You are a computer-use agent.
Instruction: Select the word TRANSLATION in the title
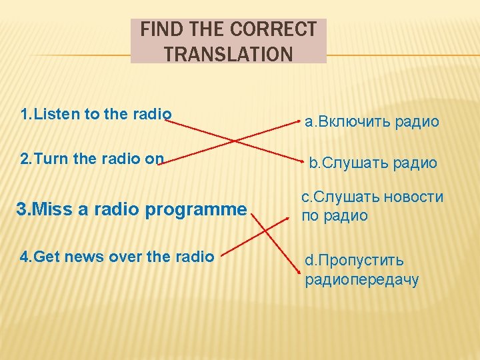[x=228, y=53]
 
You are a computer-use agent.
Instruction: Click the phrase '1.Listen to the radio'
[x=96, y=114]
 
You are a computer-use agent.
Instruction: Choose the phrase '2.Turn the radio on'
[x=92, y=159]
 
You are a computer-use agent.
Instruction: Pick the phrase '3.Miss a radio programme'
[x=131, y=209]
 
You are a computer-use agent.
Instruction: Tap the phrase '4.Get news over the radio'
[x=117, y=256]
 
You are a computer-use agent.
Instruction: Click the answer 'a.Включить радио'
[x=372, y=121]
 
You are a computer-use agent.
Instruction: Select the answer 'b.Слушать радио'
[x=373, y=163]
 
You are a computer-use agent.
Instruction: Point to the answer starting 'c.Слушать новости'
[x=372, y=206]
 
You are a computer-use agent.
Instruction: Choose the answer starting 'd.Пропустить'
[x=362, y=269]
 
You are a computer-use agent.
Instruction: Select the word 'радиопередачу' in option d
[x=362, y=279]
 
